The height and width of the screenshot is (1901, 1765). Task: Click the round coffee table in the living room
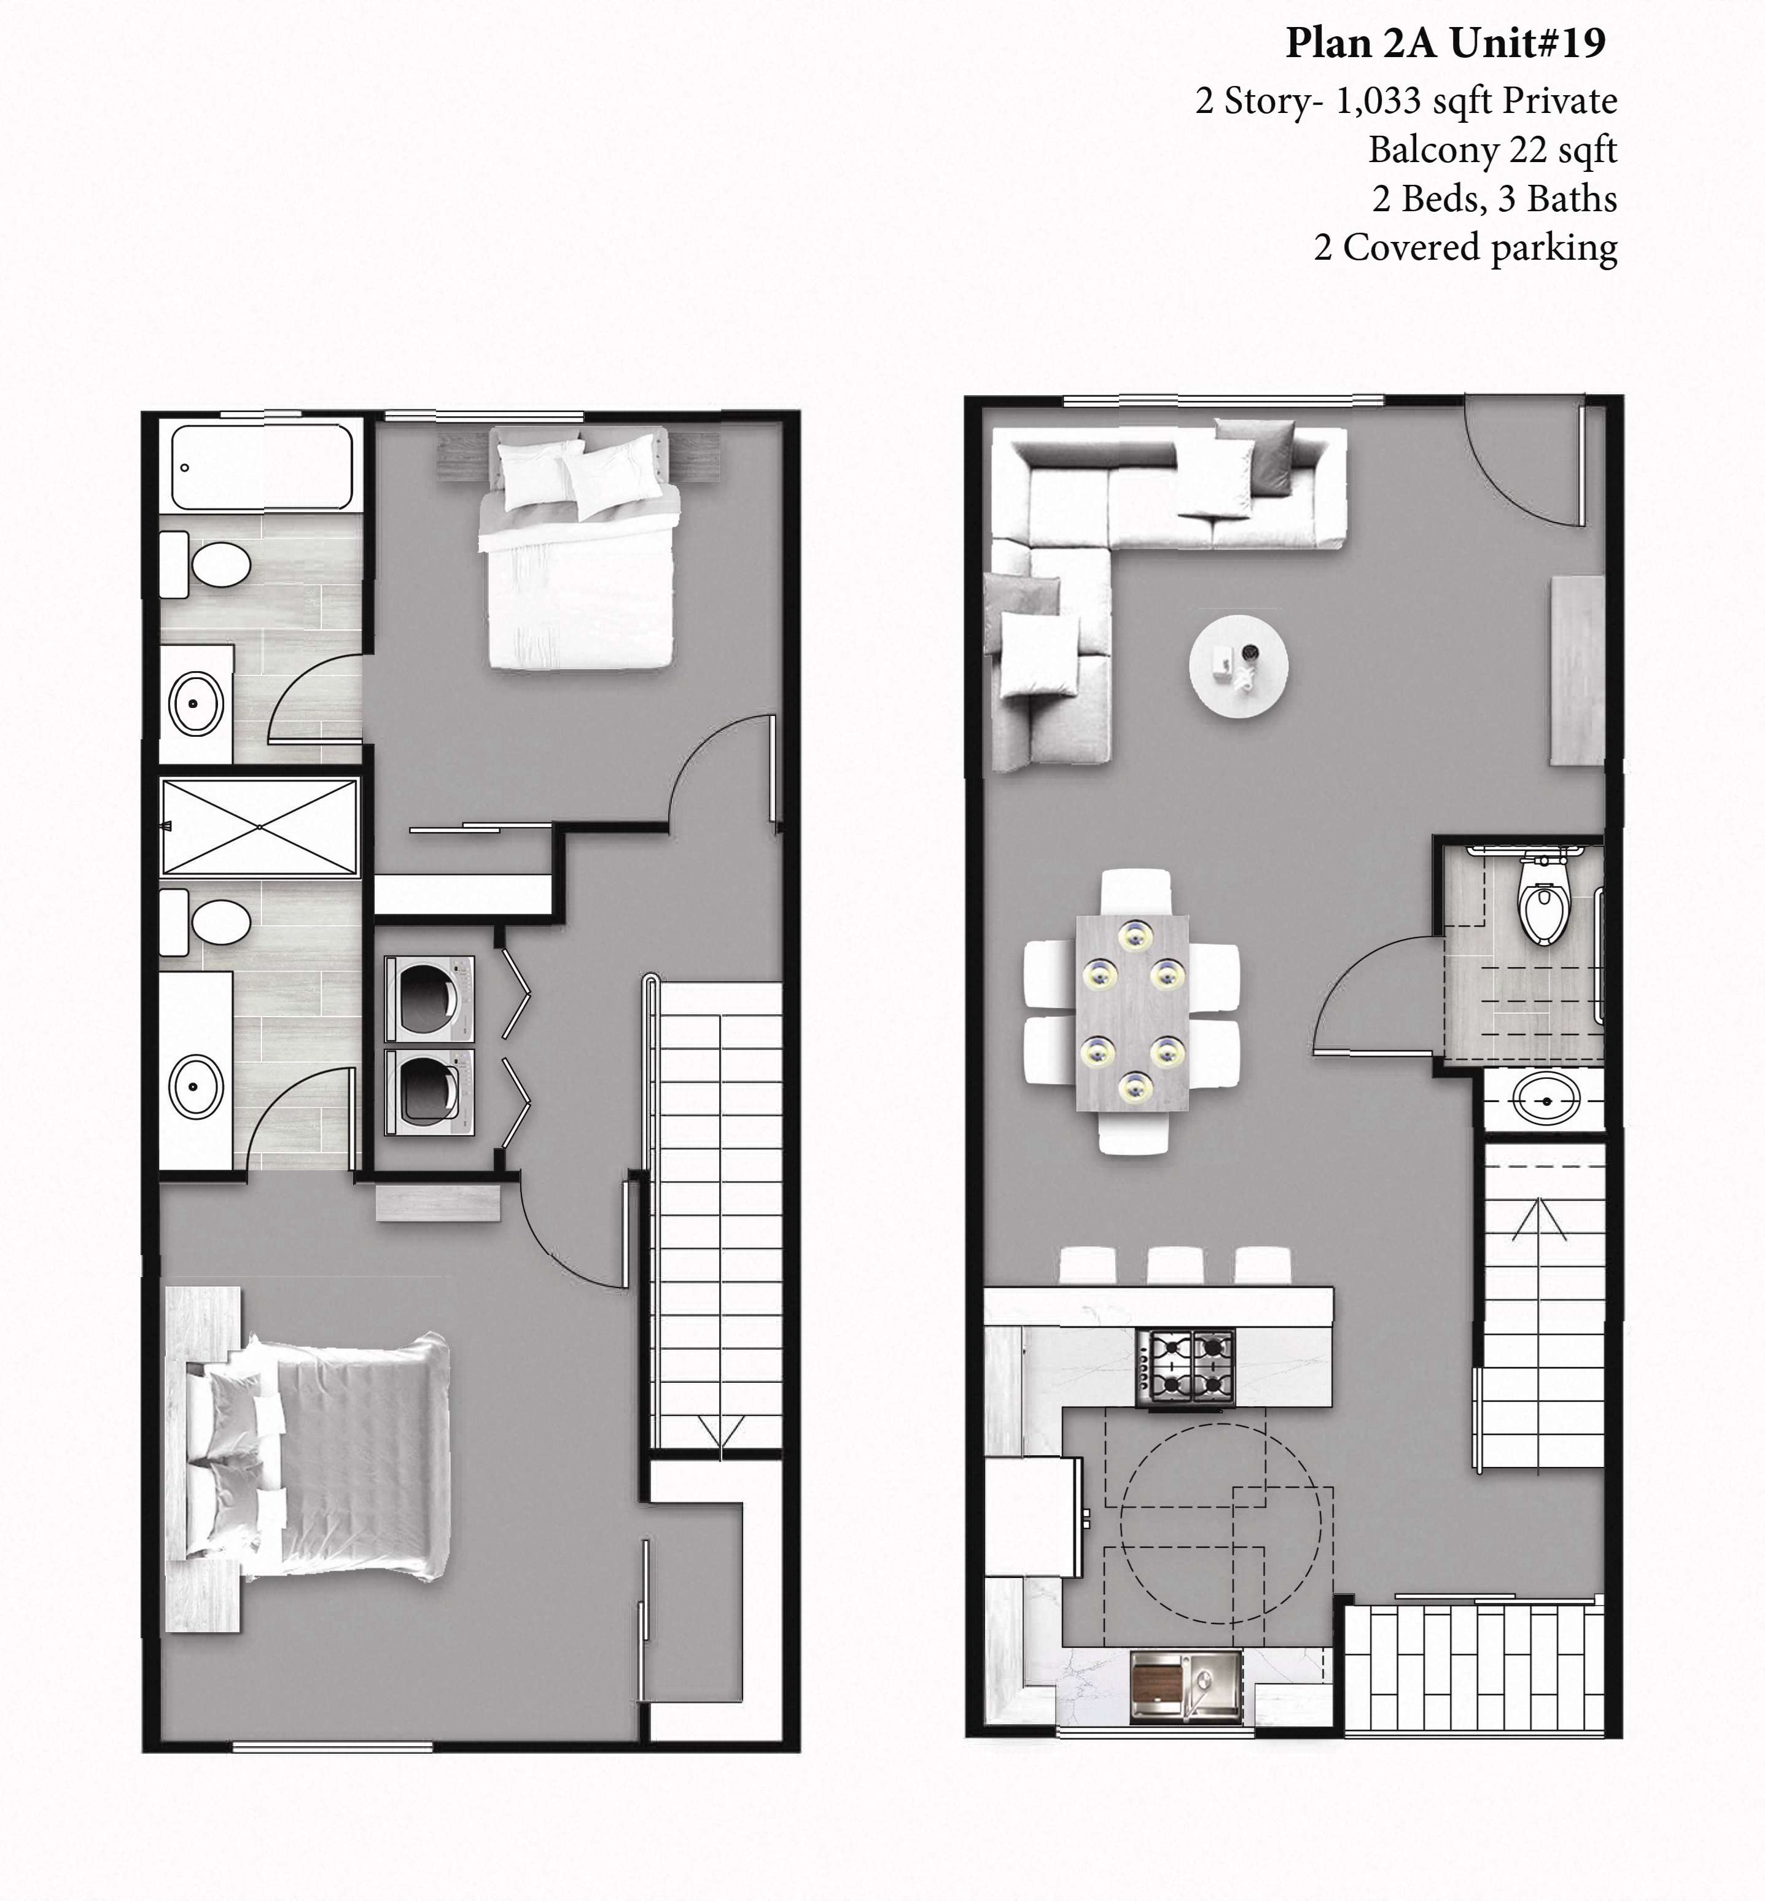(x=1238, y=666)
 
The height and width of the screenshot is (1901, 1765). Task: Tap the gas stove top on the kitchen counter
(x=1184, y=1367)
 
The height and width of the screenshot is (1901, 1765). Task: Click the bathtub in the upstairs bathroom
(x=262, y=467)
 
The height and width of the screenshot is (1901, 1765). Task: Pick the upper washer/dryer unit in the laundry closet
(x=430, y=999)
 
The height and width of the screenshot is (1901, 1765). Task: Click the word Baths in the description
(x=1572, y=200)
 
